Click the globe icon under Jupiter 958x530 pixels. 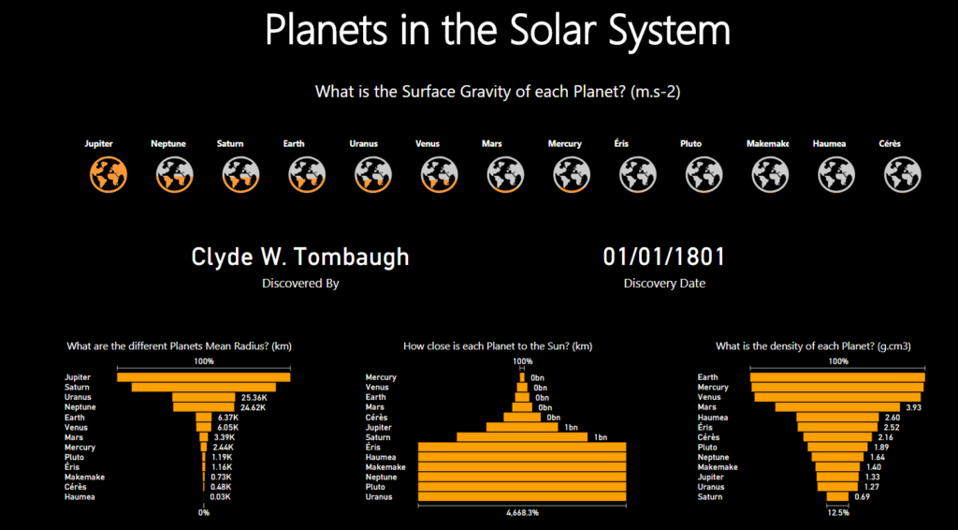click(109, 174)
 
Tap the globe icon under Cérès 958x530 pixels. click(903, 174)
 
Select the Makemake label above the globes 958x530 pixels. click(768, 143)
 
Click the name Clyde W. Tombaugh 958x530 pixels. click(300, 258)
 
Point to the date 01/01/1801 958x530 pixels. click(664, 257)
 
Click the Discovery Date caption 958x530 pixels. click(664, 284)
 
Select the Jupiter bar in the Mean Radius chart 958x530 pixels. click(203, 377)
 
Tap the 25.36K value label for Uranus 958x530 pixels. click(252, 397)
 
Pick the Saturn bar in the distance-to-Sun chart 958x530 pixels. click(522, 437)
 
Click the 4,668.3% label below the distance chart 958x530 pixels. click(522, 513)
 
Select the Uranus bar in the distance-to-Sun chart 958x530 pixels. click(522, 497)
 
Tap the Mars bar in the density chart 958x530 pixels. click(837, 407)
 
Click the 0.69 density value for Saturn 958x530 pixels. click(862, 497)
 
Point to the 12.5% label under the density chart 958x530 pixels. click(837, 513)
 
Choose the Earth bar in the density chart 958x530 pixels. click(837, 377)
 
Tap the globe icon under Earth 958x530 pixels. click(307, 174)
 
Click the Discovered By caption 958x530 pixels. click(300, 284)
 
